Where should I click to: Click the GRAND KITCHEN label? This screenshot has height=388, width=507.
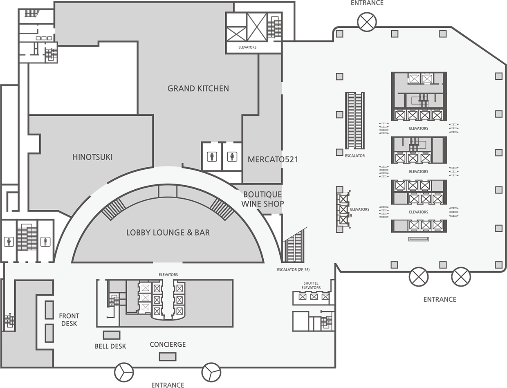(198, 88)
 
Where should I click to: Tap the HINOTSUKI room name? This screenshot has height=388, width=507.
(93, 157)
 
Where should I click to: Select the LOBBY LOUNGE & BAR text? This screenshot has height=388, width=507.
(168, 233)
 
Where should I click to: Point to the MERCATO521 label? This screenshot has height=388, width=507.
(273, 159)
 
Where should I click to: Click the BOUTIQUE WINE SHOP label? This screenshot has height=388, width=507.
(262, 199)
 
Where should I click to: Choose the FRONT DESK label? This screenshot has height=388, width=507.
(69, 320)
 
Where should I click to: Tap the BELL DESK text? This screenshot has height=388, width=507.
(110, 346)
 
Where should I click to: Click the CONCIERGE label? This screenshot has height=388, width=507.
(168, 344)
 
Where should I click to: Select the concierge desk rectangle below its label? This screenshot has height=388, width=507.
(168, 357)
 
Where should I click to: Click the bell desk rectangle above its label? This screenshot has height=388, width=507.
(112, 335)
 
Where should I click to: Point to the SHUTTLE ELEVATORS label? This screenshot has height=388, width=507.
(311, 285)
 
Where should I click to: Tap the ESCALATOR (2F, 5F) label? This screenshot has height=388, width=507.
(293, 269)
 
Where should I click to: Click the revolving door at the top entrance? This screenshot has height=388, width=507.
(367, 22)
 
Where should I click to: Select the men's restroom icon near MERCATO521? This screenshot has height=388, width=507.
(212, 157)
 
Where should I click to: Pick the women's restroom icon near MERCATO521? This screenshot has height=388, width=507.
(232, 157)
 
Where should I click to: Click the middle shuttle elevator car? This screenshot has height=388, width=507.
(314, 297)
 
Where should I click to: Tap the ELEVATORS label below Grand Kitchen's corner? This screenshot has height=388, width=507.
(247, 47)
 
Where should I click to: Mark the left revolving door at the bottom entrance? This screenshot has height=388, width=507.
(124, 372)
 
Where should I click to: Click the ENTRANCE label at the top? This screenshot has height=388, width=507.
(367, 3)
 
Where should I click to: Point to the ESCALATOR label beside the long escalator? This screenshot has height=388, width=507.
(355, 156)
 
